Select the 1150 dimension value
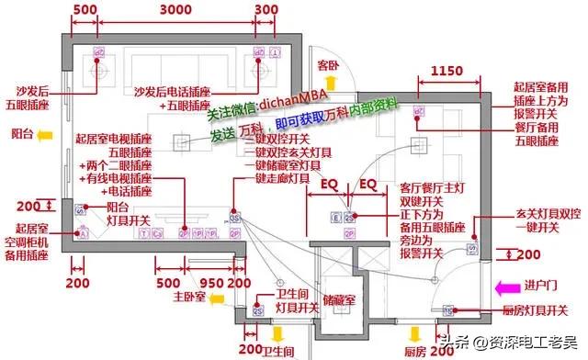click(447, 71)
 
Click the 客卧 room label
click(330, 65)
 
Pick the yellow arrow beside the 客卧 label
click(331, 84)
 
